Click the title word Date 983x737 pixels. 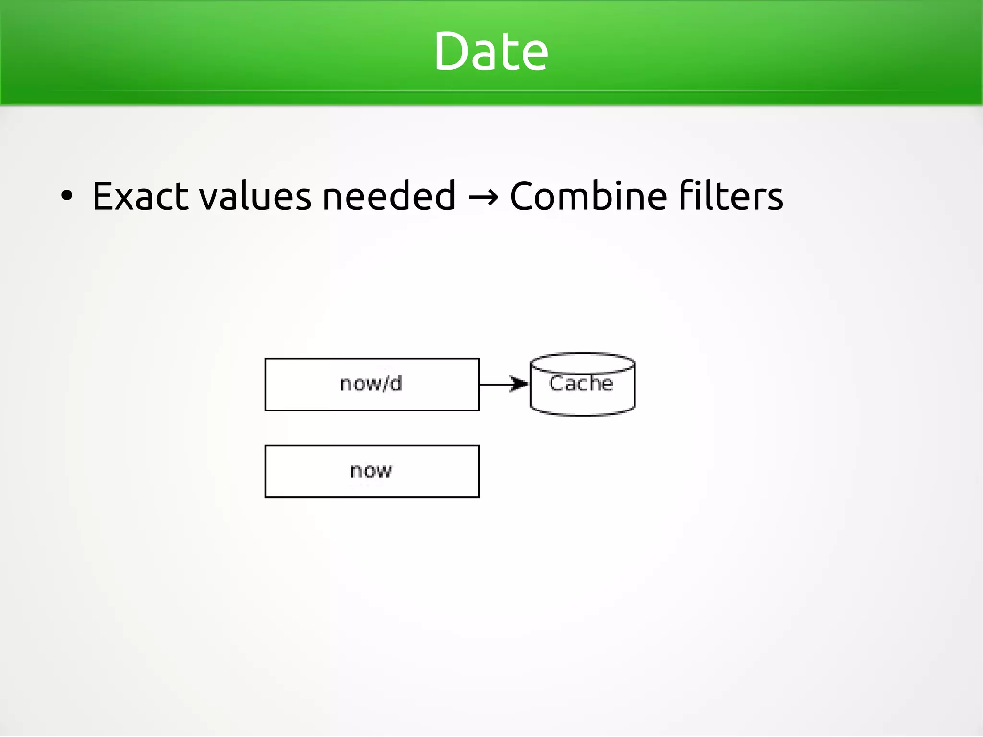[491, 51]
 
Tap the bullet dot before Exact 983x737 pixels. [67, 196]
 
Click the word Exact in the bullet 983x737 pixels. [140, 196]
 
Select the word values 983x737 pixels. [255, 197]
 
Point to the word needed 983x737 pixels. [388, 196]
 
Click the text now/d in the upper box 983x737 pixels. [371, 384]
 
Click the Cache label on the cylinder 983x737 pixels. [581, 384]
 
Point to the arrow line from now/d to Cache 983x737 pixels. [494, 385]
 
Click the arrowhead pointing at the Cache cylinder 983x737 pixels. [520, 384]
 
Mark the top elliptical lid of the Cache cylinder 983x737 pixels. [582, 362]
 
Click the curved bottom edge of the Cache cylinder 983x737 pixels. [582, 413]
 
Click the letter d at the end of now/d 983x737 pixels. [395, 383]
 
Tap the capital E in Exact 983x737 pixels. [103, 196]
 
